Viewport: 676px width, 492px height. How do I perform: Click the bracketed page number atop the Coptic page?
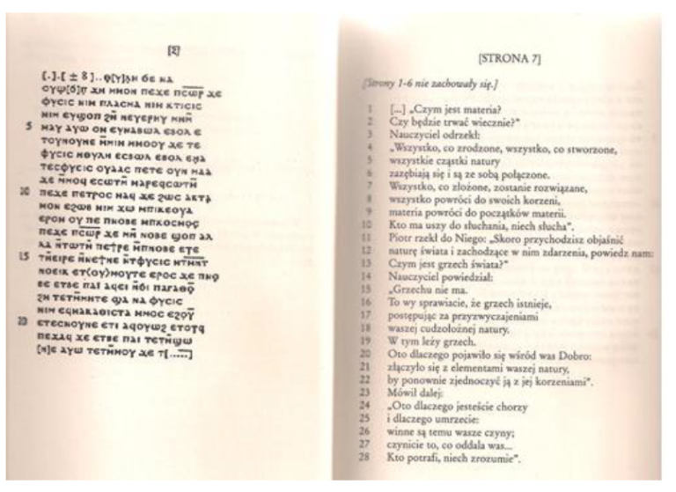[173, 52]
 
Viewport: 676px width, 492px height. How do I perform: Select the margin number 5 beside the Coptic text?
[31, 124]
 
